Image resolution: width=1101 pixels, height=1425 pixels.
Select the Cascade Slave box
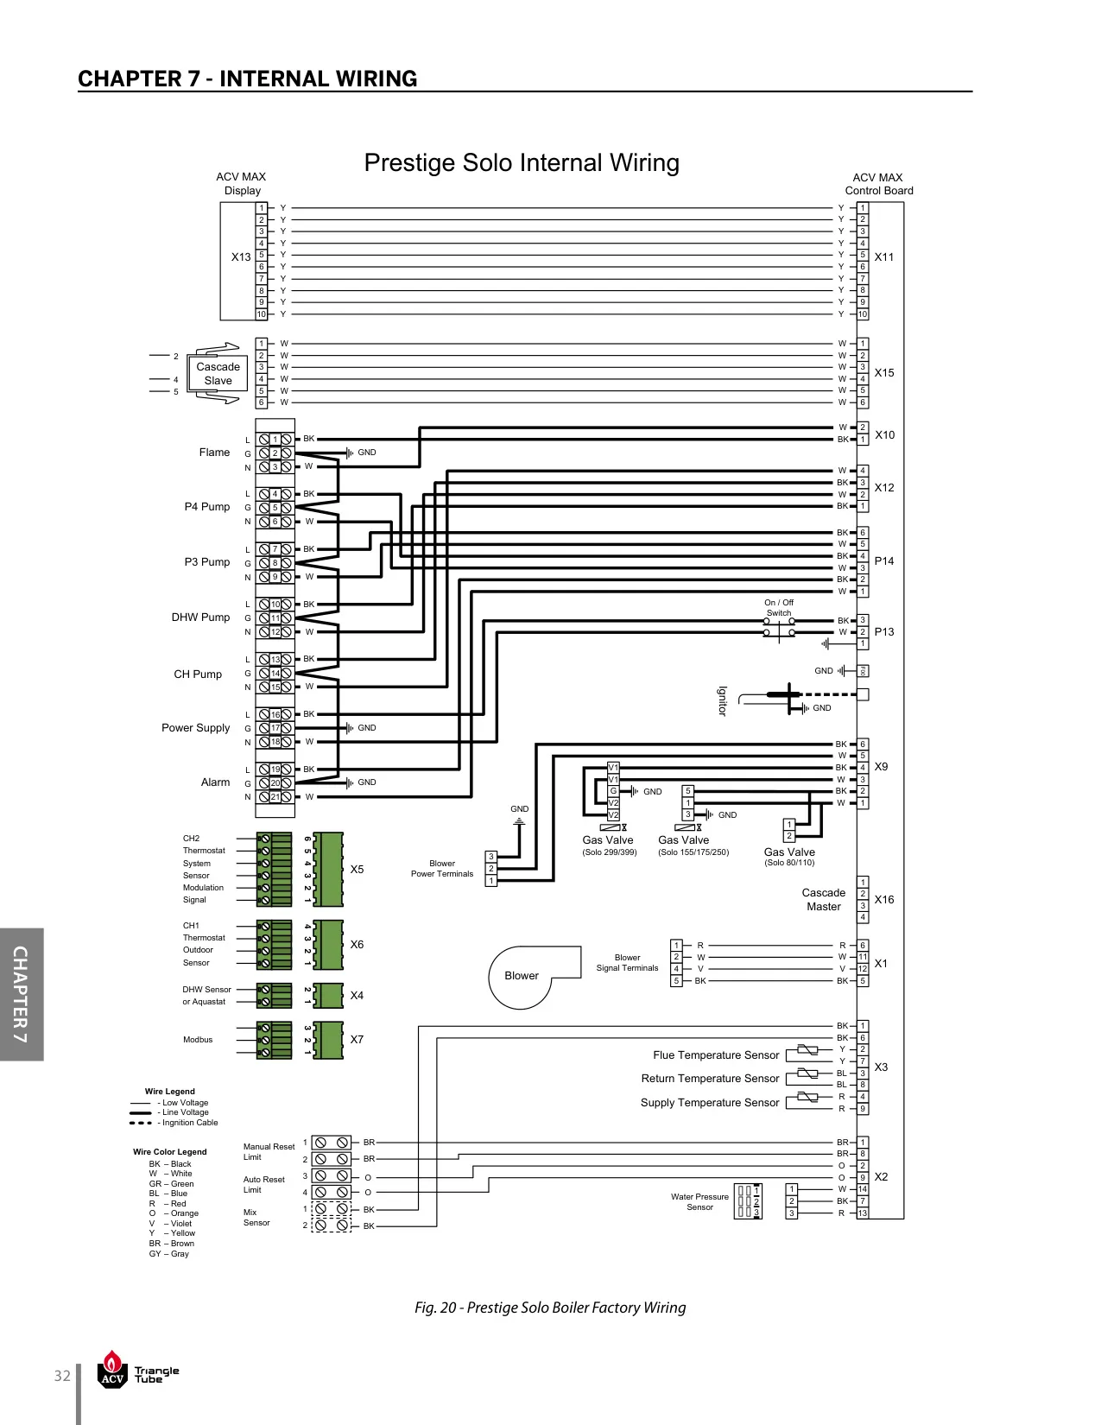(x=218, y=373)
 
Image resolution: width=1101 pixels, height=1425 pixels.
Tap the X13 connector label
(x=241, y=257)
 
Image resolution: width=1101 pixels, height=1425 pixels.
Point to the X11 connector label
(x=884, y=257)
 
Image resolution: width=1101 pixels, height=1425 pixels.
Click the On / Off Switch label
(x=778, y=608)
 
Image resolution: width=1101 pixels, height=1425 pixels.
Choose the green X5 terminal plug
(x=328, y=869)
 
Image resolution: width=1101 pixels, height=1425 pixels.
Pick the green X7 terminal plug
(x=328, y=1040)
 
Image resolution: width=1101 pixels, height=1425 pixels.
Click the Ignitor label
(x=722, y=701)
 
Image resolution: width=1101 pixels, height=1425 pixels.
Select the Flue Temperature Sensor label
(x=715, y=1055)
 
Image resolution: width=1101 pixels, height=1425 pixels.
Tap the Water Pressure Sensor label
(x=699, y=1202)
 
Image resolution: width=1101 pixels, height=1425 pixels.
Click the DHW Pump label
(x=200, y=617)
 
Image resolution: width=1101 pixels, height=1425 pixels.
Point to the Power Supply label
(x=195, y=728)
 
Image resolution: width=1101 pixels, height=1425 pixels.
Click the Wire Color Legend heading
(x=170, y=1151)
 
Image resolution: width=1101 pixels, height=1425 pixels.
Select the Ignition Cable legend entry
(x=174, y=1123)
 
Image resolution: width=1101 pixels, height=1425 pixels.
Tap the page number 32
(x=62, y=1376)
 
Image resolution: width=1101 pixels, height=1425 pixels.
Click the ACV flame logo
(x=112, y=1369)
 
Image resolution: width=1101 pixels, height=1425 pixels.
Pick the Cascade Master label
(x=824, y=900)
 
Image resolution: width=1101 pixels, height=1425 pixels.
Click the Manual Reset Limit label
(x=269, y=1151)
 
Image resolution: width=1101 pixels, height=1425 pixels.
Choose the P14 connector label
(x=884, y=561)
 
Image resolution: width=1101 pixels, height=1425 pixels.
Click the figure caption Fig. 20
(x=550, y=1308)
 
